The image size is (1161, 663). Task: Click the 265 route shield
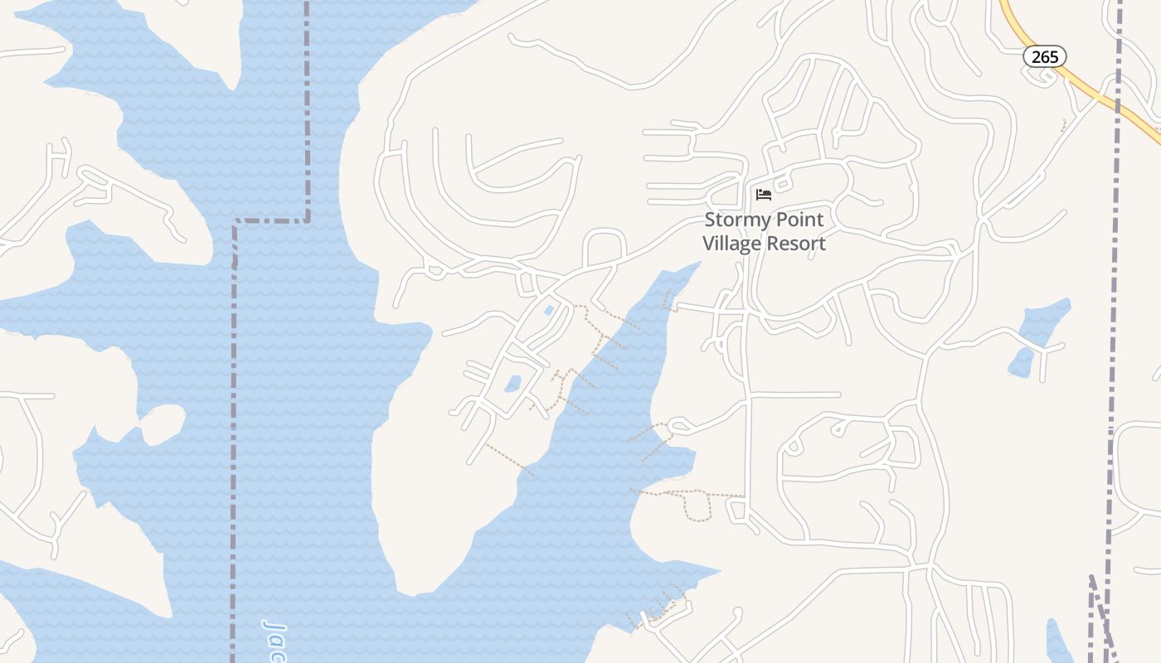pos(1044,56)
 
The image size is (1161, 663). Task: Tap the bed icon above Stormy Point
pos(764,195)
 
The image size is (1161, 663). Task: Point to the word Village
pos(735,244)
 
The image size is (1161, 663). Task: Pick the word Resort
pos(798,244)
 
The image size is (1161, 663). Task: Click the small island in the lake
pos(163,423)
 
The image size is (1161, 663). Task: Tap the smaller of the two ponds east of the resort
pos(1020,362)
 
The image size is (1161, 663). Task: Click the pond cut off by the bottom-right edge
pos(1058,641)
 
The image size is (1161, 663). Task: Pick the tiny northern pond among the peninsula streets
pos(548,311)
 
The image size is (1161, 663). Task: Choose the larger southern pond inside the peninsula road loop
pos(512,384)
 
